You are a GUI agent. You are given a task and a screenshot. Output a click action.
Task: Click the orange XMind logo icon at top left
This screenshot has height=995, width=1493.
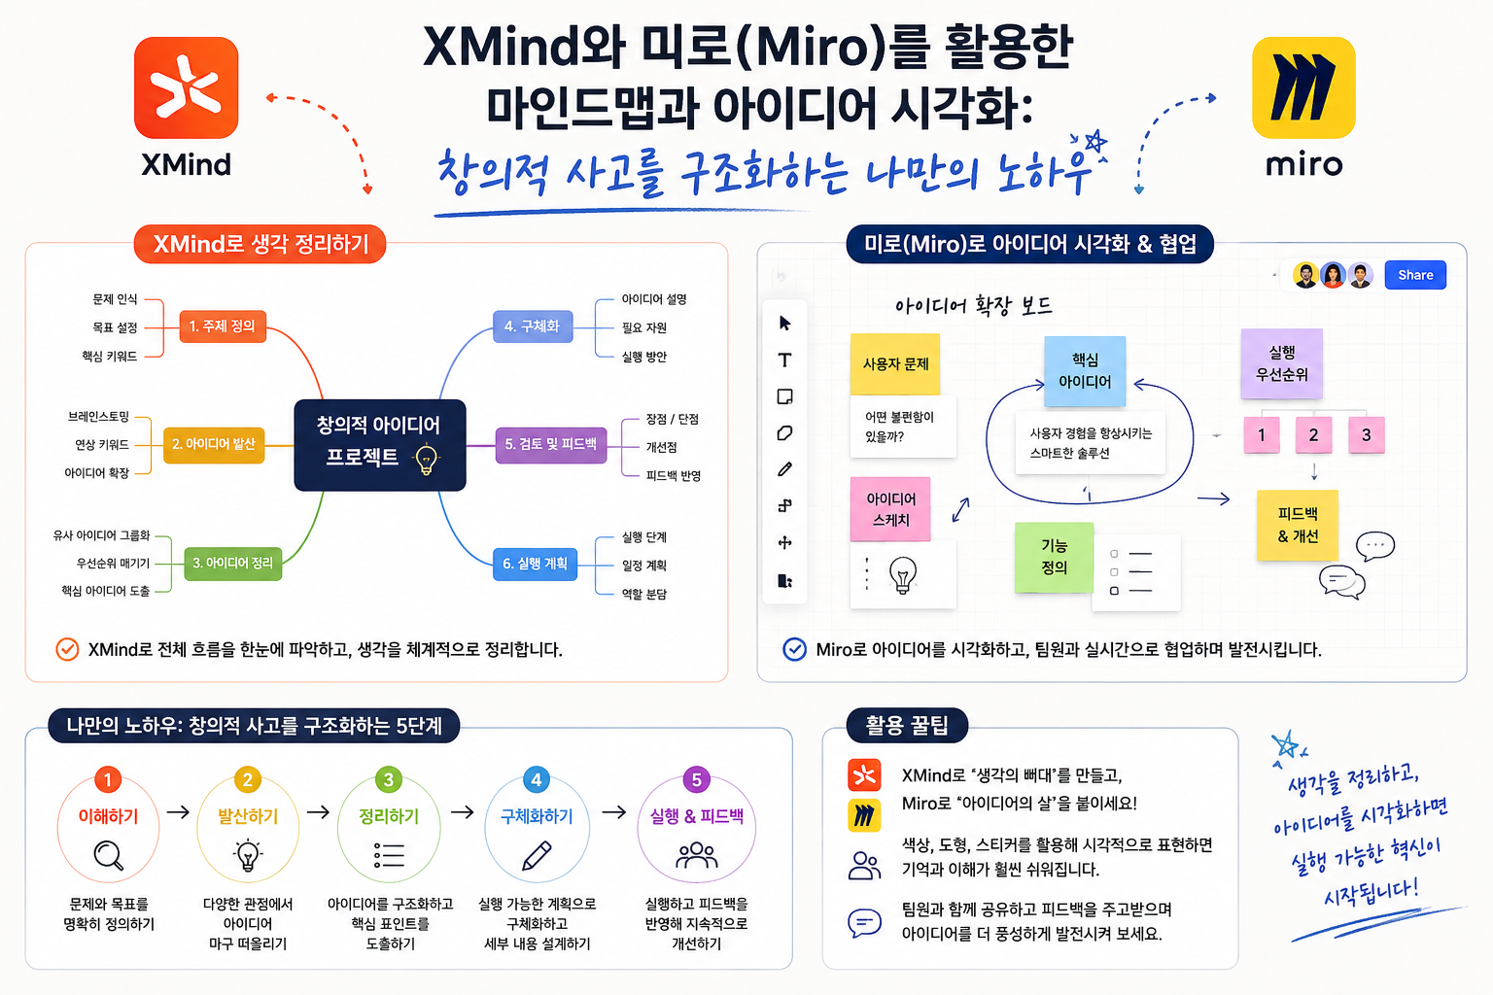pos(186,87)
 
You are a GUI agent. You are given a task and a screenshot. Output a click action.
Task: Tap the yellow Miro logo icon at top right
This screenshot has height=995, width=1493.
pos(1303,87)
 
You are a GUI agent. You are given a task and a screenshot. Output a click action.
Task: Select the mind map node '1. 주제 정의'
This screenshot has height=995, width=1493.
pos(223,326)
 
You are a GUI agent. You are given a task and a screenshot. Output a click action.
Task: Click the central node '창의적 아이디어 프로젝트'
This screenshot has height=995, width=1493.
pos(380,445)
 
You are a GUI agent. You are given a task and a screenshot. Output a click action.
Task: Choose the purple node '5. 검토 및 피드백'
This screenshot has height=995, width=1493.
pos(551,445)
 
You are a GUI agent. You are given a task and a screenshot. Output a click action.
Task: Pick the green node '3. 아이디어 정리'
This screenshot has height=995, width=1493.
pos(232,564)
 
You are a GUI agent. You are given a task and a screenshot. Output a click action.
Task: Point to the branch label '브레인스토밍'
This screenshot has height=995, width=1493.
pos(98,417)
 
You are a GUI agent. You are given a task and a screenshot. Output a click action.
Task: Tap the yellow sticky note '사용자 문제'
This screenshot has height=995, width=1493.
pos(895,363)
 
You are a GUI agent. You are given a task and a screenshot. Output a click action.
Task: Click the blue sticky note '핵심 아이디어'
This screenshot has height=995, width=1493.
pos(1085,371)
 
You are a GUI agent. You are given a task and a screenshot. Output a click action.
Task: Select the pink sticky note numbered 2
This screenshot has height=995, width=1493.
pos(1313,435)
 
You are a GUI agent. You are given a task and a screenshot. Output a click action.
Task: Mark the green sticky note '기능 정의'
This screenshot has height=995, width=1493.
pos(1054,557)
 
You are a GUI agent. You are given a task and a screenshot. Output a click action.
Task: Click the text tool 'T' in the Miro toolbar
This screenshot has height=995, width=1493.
pos(785,360)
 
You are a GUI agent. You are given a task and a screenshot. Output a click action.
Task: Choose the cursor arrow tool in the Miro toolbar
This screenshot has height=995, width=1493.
pos(785,324)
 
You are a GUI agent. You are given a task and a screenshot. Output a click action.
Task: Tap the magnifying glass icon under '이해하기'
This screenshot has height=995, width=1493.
pos(109,856)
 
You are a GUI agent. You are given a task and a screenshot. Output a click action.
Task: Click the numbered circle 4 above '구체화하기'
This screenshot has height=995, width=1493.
pos(537,779)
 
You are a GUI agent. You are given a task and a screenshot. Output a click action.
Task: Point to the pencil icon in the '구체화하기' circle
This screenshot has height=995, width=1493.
pos(537,856)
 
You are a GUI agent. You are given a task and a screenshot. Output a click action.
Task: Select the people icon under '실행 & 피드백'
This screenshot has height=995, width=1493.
pos(697,856)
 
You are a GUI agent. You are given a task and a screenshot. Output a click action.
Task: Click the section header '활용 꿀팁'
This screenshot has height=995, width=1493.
pos(907,726)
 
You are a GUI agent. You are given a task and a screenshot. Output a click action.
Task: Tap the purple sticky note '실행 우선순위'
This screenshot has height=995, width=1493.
pos(1282,363)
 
